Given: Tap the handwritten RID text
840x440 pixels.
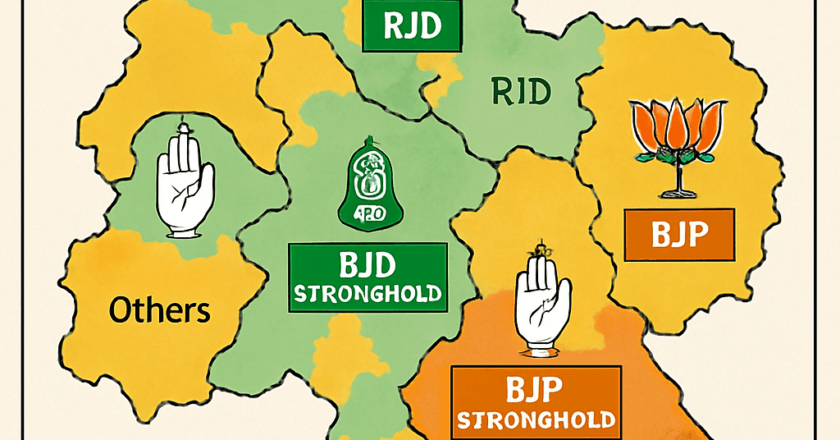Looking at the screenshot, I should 520,93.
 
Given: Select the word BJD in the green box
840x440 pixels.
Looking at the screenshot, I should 366,267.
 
